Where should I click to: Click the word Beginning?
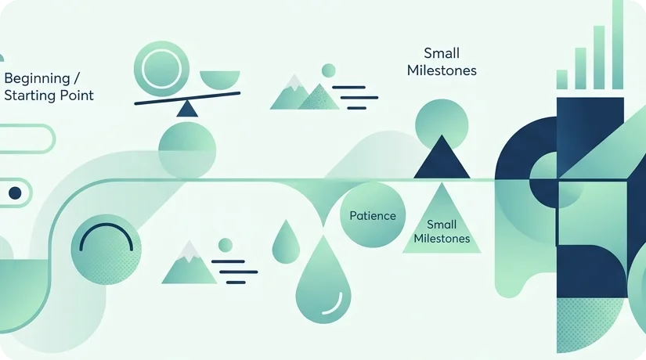coord(37,79)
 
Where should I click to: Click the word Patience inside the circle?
coord(373,216)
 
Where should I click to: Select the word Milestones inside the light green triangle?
coord(442,239)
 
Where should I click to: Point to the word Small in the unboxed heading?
coord(442,53)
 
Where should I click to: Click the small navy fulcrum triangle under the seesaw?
coord(187,109)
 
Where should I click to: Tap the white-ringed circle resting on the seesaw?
coord(161,68)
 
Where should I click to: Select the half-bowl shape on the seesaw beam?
coord(219,80)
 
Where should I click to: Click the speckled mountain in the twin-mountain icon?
coord(319,97)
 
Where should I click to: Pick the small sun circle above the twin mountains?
coord(328,70)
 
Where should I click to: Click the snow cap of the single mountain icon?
coord(189,252)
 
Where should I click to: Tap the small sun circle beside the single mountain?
coord(226,245)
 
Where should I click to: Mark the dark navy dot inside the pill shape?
coord(15,193)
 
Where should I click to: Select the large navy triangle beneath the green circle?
coord(442,160)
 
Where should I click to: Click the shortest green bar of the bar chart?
coord(562,80)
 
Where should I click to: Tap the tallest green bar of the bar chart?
coord(618,45)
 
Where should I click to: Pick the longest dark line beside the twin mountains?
coord(359,98)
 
